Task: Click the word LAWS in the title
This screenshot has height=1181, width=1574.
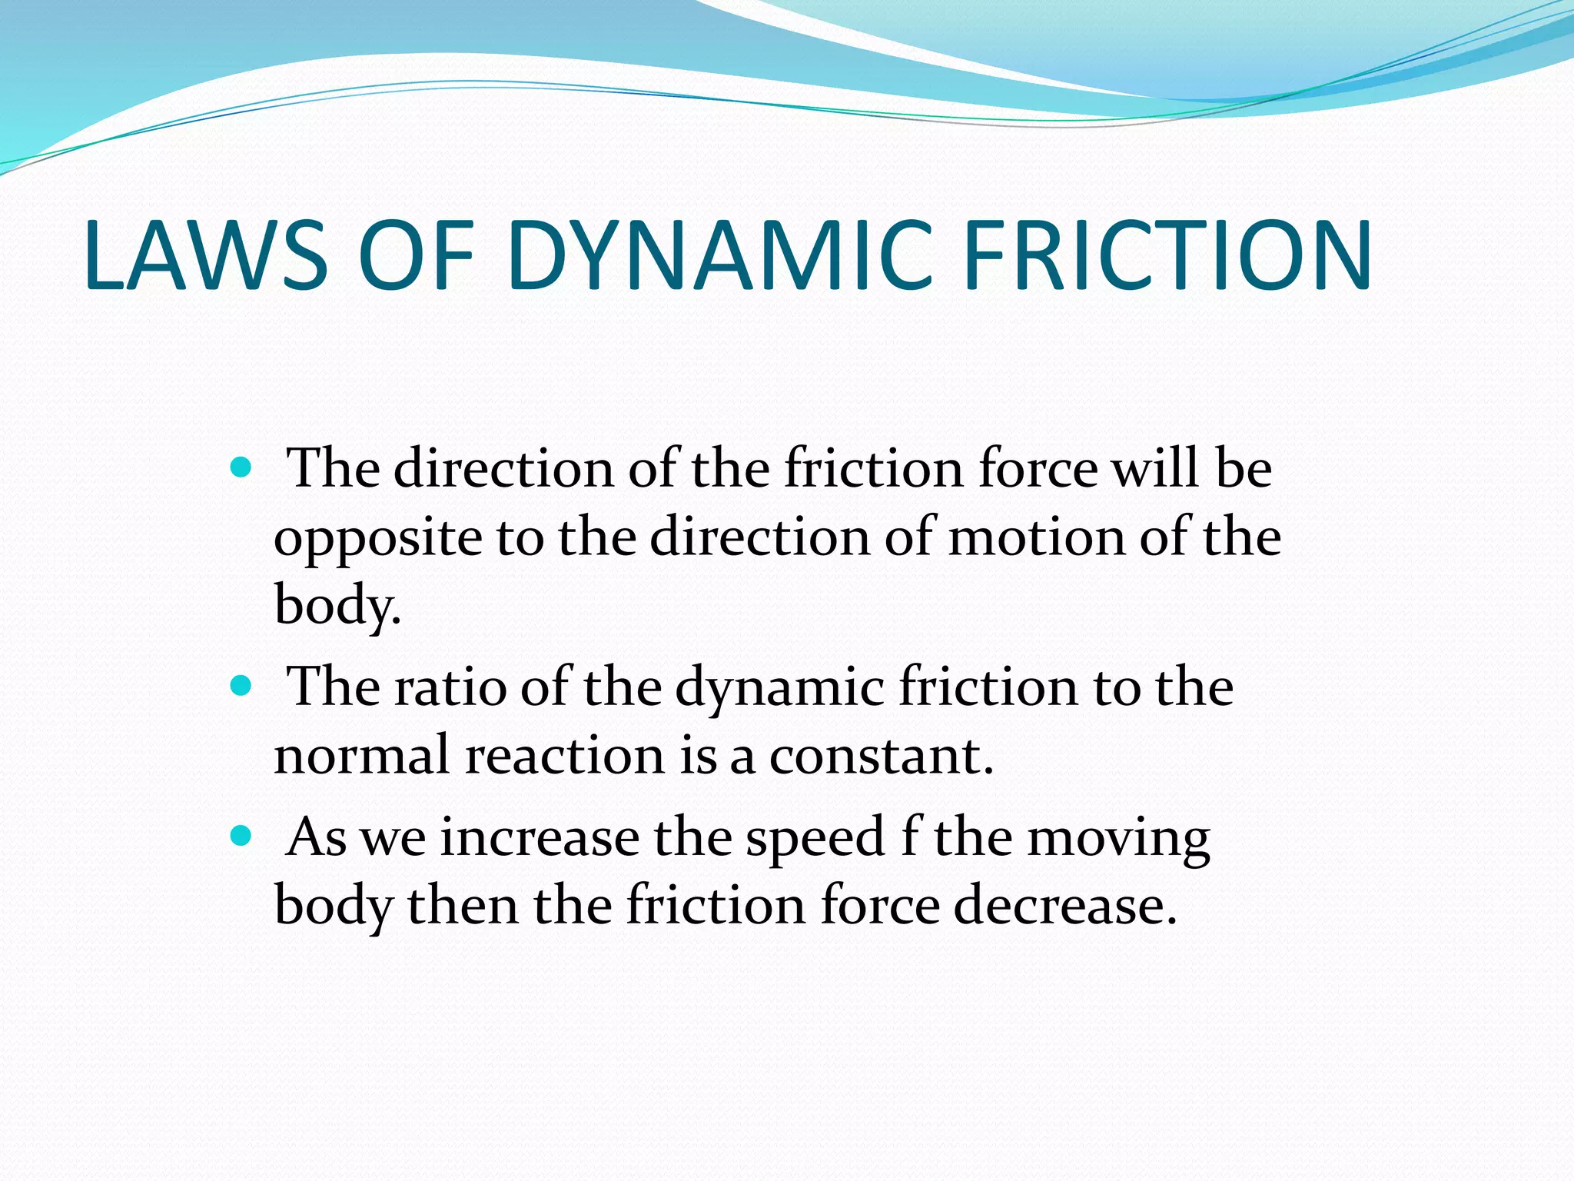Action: pos(206,256)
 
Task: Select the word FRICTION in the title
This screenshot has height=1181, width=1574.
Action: pos(1167,256)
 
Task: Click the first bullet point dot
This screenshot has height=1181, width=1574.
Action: pos(241,467)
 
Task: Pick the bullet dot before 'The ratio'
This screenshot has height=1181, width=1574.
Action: pos(241,685)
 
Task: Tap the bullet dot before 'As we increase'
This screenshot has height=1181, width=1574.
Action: pos(241,836)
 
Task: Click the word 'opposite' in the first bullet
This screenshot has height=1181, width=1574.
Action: pos(377,538)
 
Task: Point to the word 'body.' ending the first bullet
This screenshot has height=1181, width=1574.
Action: pos(337,605)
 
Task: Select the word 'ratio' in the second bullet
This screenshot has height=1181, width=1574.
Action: pos(450,687)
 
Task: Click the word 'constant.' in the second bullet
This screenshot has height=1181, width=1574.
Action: pos(882,756)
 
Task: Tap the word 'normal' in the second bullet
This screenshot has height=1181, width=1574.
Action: pos(361,756)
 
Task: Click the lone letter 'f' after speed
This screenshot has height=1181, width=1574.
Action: pos(909,837)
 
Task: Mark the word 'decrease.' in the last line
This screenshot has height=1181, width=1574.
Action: pos(1065,905)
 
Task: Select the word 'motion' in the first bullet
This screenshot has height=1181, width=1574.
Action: pos(1036,537)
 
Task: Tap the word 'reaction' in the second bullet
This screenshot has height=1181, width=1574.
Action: pos(565,756)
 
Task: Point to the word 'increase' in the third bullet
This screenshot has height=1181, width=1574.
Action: pos(540,838)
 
